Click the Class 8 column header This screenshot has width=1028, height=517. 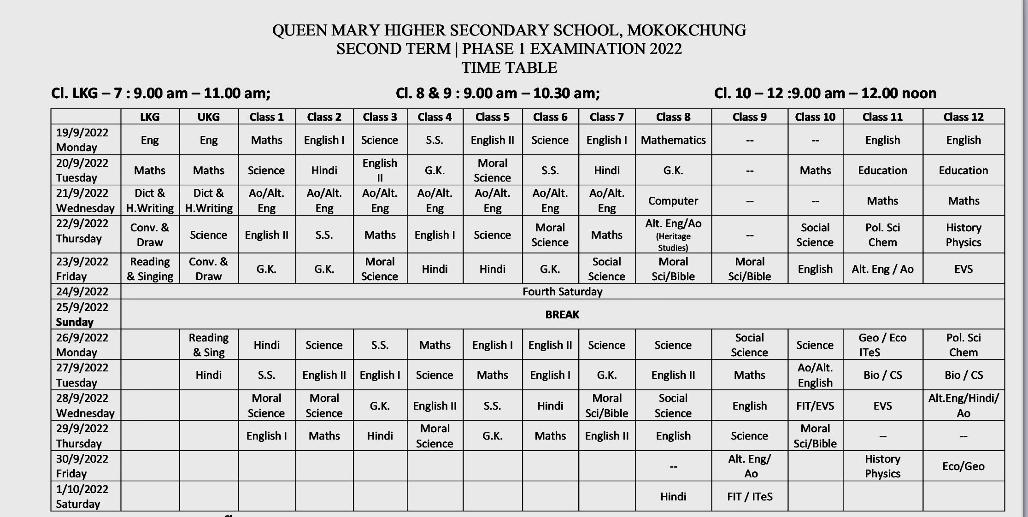(x=673, y=117)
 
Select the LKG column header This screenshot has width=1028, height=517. (x=150, y=117)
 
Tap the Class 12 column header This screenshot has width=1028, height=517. (x=963, y=117)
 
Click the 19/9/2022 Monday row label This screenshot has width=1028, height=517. (x=82, y=140)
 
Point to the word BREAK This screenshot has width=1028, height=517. (x=562, y=315)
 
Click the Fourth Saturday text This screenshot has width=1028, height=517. (x=562, y=292)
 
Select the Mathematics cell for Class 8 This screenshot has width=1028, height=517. (x=673, y=140)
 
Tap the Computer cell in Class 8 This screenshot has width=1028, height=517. (x=673, y=201)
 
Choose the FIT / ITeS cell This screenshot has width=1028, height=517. (x=749, y=497)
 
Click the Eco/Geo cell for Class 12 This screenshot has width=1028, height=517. (x=963, y=466)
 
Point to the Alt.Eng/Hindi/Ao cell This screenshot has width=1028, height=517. (x=963, y=405)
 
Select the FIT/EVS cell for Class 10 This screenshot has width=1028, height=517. (x=815, y=406)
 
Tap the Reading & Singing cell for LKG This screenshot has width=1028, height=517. (x=150, y=269)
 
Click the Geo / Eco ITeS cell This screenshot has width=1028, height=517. (x=882, y=345)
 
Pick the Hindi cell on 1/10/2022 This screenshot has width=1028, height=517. (x=673, y=497)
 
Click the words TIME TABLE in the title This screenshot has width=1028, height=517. (x=509, y=68)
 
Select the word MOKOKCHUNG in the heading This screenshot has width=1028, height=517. (x=687, y=30)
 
